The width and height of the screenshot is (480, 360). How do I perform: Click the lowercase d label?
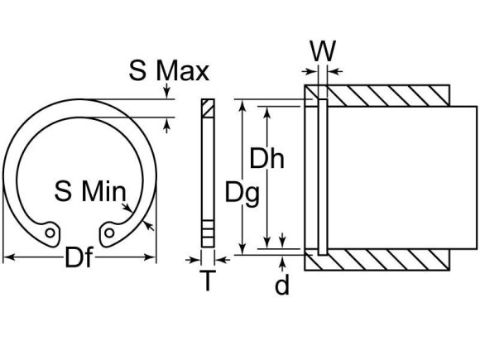point(283,286)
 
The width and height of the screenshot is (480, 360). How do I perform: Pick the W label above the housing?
point(324,51)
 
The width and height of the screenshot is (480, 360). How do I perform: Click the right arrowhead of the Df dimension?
point(153,258)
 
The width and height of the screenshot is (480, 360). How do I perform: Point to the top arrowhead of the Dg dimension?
point(242,105)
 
